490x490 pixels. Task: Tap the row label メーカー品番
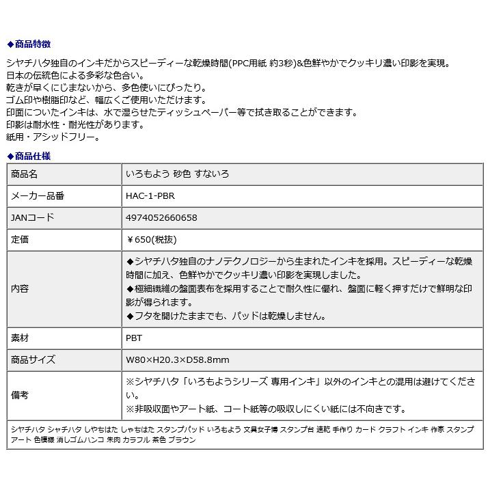tap(38, 195)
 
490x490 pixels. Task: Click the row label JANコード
tap(33, 217)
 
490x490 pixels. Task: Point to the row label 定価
tap(21, 240)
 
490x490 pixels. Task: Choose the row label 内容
tap(21, 288)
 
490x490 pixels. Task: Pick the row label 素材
tap(21, 338)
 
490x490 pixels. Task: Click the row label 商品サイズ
tap(33, 359)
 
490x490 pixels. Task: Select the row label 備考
tap(21, 395)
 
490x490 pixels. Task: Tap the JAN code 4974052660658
tap(162, 217)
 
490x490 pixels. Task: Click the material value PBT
tap(134, 338)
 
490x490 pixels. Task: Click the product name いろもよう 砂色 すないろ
tap(178, 174)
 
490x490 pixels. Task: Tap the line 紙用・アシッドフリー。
tap(53, 137)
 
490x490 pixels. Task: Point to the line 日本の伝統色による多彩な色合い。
tap(75, 75)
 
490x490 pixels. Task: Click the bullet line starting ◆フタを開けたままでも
tap(226, 316)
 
